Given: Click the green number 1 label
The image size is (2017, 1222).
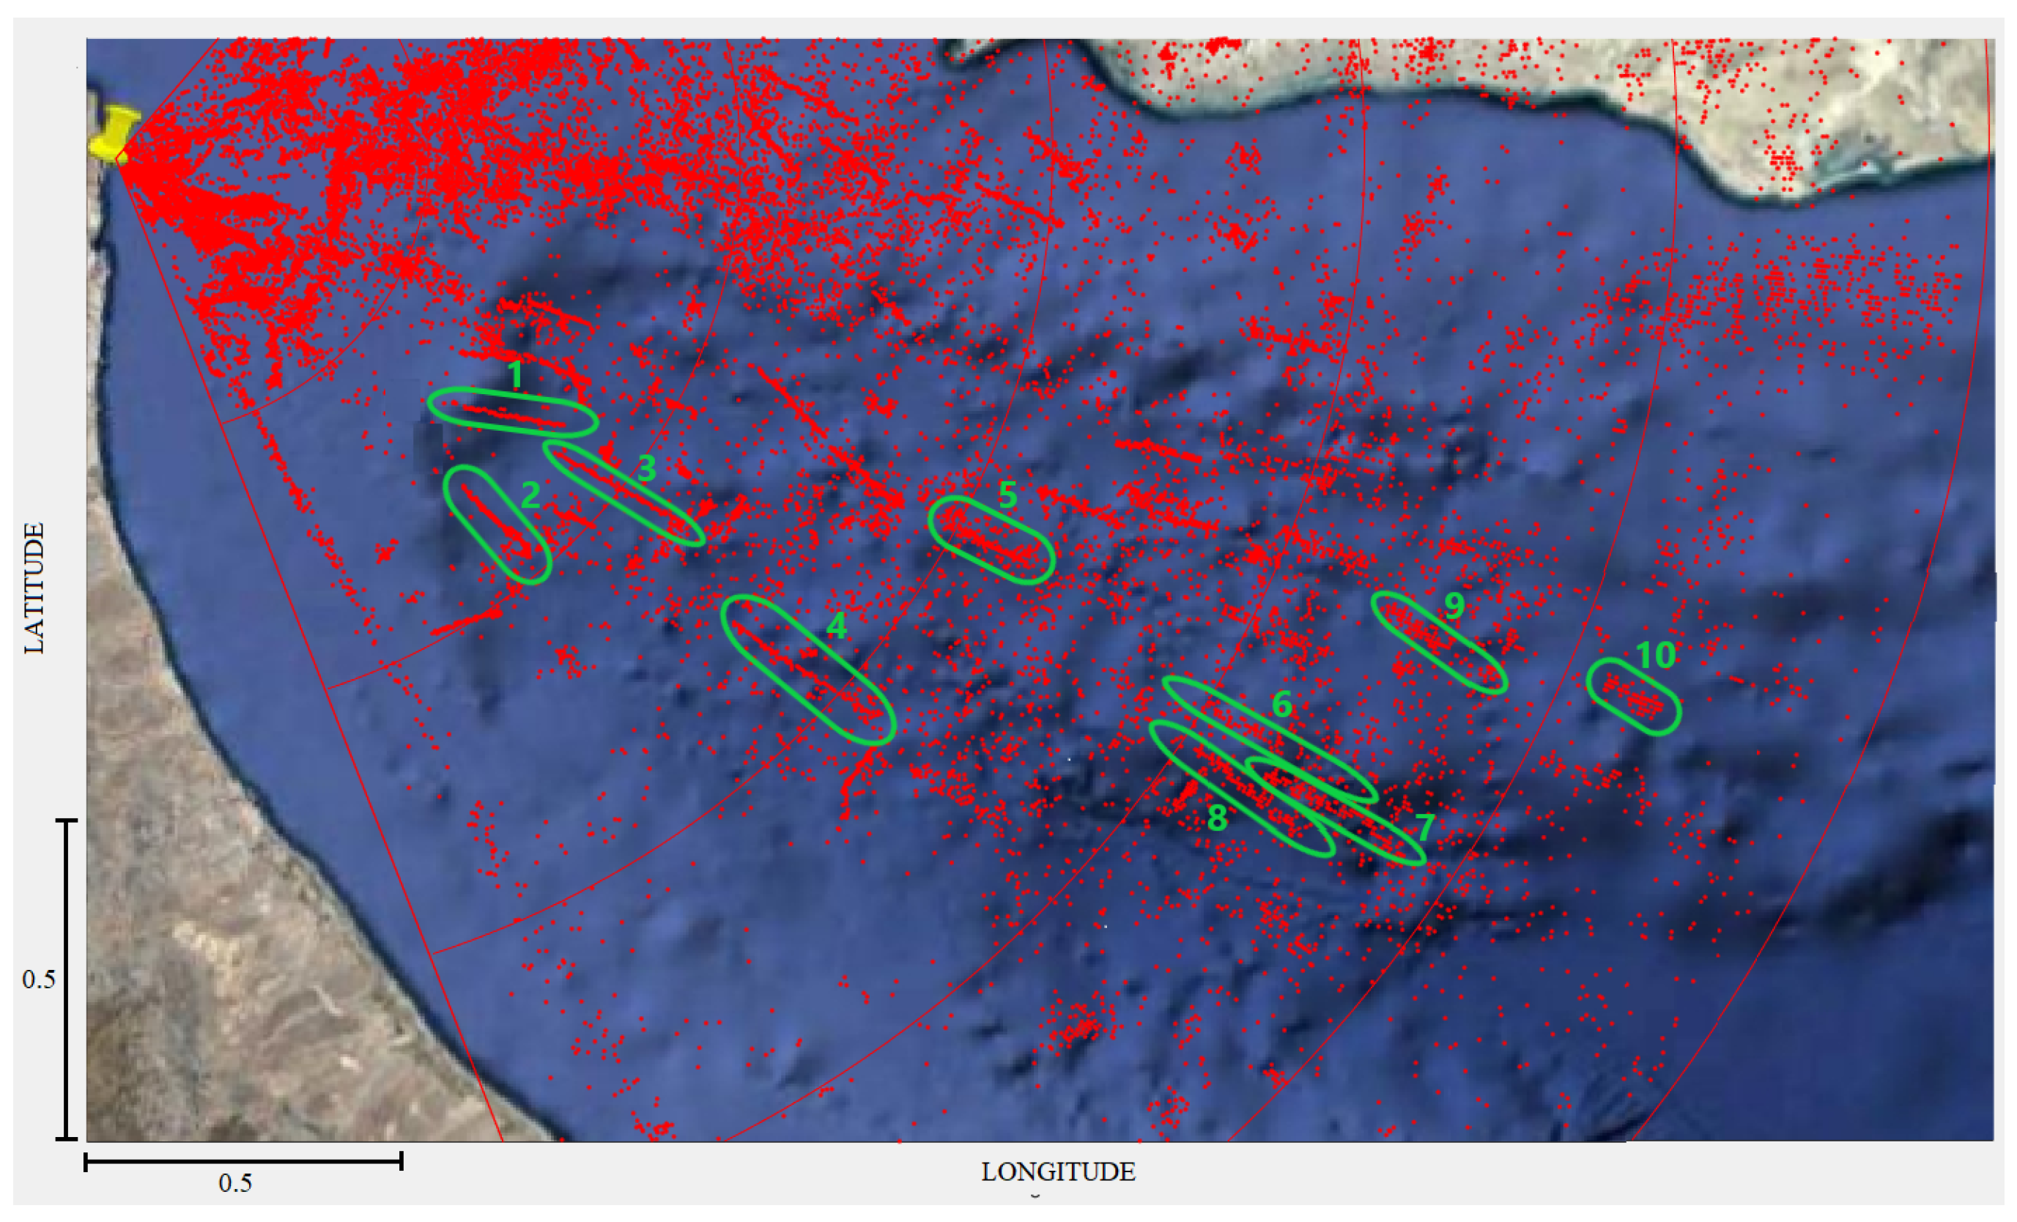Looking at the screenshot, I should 515,375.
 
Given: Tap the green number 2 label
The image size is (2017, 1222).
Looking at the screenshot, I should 530,495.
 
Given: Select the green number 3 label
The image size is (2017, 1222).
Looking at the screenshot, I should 647,468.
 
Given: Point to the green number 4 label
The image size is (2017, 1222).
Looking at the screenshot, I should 836,626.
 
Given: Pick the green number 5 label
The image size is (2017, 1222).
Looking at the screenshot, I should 1007,495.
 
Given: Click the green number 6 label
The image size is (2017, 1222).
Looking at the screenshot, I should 1282,705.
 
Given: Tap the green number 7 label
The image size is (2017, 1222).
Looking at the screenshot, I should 1425,826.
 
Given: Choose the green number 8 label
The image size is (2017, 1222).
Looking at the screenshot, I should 1217,818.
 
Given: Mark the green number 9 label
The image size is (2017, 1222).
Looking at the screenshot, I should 1454,606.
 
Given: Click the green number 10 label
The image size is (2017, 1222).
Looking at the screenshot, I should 1655,655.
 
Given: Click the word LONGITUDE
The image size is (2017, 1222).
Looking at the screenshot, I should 1058,1172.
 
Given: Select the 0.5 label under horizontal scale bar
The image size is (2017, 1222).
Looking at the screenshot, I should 235,1182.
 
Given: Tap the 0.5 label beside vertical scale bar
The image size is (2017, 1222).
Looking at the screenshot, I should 39,979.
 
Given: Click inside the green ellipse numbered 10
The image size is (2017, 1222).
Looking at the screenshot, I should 1634,697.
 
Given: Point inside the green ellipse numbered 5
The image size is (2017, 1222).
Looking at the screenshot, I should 991,540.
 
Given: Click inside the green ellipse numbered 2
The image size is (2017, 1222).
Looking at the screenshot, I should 497,525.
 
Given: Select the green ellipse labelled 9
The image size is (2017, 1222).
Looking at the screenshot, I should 1439,643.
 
